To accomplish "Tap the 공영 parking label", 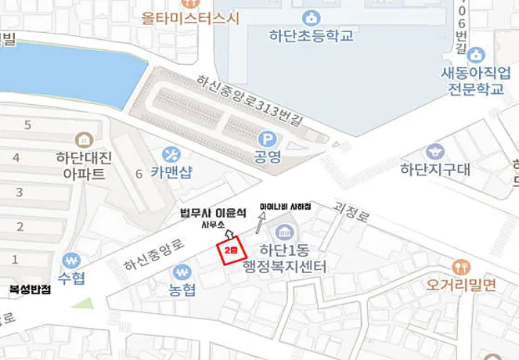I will point(269,155).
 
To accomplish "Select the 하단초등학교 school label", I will point(311,36).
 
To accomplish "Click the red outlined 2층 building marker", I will point(232,250).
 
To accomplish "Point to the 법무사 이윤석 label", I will point(213,212).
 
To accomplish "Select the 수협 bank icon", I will point(71,260).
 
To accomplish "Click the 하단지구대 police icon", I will point(434,152).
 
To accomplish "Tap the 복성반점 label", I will point(30,289).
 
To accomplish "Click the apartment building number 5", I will point(27,124).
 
